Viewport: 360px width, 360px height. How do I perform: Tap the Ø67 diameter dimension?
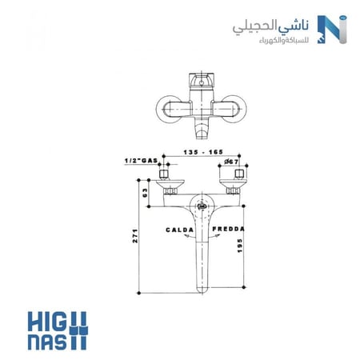pos(232,162)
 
